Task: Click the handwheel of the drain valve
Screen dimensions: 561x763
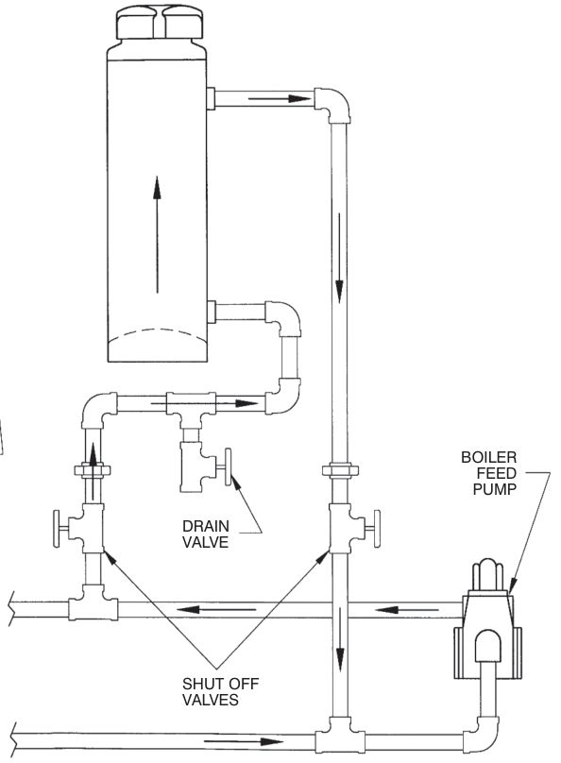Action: click(x=228, y=467)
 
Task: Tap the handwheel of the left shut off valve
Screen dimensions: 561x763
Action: click(x=57, y=529)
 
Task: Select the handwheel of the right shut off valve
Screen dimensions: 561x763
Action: click(x=377, y=529)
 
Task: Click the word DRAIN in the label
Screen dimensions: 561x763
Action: click(x=205, y=526)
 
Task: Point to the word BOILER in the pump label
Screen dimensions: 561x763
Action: click(x=489, y=457)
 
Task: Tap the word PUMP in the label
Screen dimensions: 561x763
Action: click(x=494, y=489)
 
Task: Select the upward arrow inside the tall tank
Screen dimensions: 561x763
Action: click(x=157, y=234)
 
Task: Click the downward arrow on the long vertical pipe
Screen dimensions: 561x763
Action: click(x=340, y=258)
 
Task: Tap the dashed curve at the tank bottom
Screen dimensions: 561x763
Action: click(x=158, y=335)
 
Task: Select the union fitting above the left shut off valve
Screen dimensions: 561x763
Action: click(x=92, y=470)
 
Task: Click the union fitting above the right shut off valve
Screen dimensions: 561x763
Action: click(x=340, y=470)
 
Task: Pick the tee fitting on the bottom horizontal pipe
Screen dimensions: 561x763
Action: click(x=340, y=738)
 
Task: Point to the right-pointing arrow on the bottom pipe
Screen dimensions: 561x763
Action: click(x=244, y=742)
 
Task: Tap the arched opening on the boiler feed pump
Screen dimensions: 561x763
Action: click(x=488, y=647)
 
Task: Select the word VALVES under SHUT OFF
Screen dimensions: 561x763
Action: click(x=211, y=700)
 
